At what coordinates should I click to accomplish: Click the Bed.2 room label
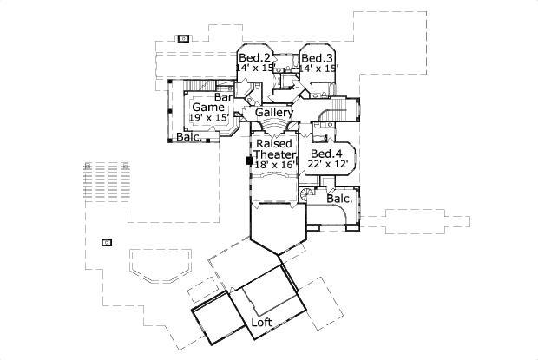(253, 57)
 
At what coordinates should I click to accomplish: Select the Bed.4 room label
(326, 154)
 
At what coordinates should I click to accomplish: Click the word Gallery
(273, 113)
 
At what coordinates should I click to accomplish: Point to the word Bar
(223, 97)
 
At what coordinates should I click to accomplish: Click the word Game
(208, 107)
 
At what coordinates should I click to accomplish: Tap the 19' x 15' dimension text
(208, 117)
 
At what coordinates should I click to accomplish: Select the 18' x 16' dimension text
(274, 164)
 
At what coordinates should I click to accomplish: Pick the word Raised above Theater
(274, 143)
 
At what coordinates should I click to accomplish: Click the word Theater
(274, 154)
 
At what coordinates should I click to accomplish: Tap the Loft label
(262, 323)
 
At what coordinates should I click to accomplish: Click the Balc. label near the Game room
(190, 137)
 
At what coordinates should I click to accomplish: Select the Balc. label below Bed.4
(339, 199)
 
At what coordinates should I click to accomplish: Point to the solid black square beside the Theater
(249, 160)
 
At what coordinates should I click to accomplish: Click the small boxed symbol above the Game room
(183, 38)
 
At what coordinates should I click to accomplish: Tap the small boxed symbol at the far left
(107, 242)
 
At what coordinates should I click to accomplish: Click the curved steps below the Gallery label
(275, 129)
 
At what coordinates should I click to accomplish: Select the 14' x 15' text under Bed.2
(255, 67)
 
